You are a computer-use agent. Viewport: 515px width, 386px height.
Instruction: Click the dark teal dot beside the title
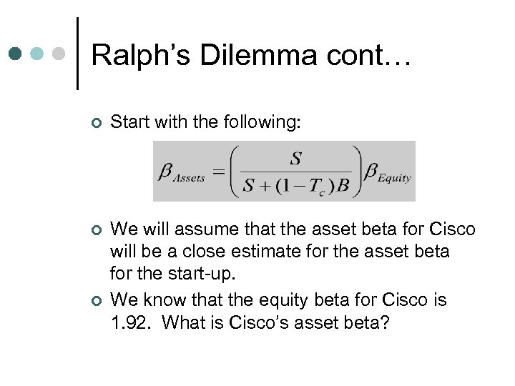pyautogui.click(x=16, y=54)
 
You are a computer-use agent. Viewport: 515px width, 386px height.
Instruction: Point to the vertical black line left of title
pyautogui.click(x=77, y=54)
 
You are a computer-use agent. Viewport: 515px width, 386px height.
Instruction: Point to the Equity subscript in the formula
pyautogui.click(x=395, y=179)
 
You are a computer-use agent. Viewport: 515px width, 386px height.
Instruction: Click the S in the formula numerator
pyautogui.click(x=295, y=158)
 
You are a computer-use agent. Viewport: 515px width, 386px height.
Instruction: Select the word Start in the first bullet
pyautogui.click(x=129, y=124)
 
